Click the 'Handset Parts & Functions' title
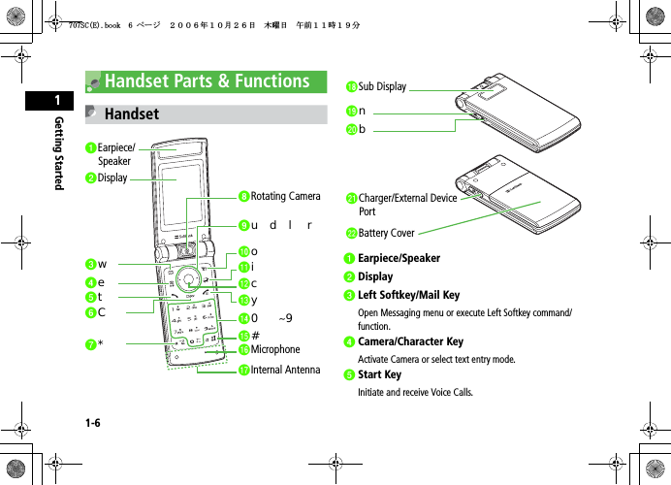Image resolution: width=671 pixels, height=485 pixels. pyautogui.click(x=208, y=81)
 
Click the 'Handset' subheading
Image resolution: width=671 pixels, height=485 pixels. pyautogui.click(x=131, y=114)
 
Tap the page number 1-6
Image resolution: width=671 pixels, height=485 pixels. pyautogui.click(x=93, y=424)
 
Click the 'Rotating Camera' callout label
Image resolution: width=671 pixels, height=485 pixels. pyautogui.click(x=285, y=197)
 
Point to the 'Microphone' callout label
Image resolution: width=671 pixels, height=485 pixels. pyautogui.click(x=275, y=349)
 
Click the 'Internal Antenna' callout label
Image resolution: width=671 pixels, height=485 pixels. pyautogui.click(x=285, y=370)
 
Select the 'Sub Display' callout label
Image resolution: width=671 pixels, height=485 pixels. pyautogui.click(x=382, y=87)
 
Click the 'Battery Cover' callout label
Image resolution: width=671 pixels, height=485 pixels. pyautogui.click(x=386, y=233)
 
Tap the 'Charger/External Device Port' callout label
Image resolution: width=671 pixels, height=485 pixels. pyautogui.click(x=407, y=205)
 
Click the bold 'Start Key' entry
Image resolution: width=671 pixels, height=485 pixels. pyautogui.click(x=379, y=374)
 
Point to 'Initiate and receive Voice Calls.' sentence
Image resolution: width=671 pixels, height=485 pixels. pyautogui.click(x=416, y=393)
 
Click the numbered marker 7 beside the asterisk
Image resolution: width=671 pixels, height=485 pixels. pyautogui.click(x=89, y=343)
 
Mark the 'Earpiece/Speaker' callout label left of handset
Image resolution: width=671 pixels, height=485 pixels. pyautogui.click(x=117, y=154)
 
